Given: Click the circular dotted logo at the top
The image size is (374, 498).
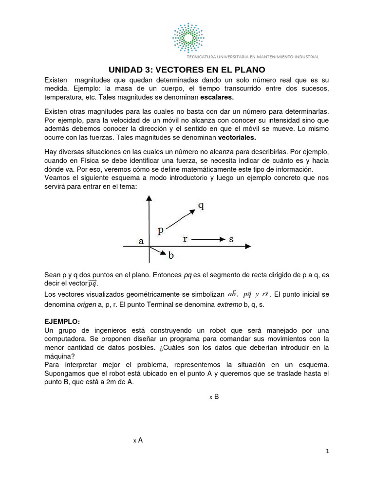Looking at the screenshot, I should tap(187, 37).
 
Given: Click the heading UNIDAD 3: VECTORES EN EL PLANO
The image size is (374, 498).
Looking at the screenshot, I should tap(187, 69).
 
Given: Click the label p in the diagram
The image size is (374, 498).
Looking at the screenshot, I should tap(160, 231).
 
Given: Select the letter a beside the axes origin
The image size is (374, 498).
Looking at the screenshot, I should tap(141, 241).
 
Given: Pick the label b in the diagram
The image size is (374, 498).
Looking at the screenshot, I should tap(171, 254).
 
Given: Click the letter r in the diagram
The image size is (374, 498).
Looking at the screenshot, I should tap(185, 239).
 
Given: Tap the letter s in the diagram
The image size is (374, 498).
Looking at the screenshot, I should tap(231, 239).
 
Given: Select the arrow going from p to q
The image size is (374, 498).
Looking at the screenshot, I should tap(180, 217).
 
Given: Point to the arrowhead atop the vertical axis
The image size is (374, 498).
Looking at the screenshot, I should tap(150, 197).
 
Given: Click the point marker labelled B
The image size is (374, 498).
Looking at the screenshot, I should tap(211, 397).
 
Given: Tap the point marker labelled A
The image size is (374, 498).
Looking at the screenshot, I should tap(135, 441).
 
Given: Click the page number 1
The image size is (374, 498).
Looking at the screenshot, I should tap(328, 451).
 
